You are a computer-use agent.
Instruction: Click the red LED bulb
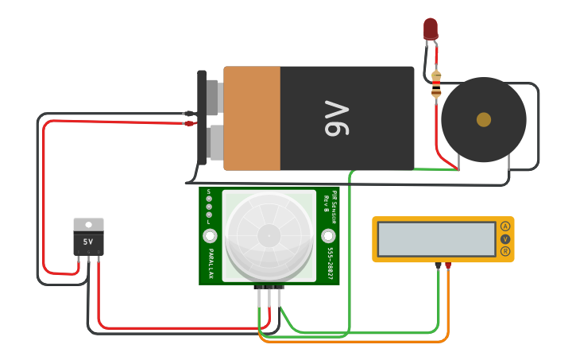pyautogui.click(x=430, y=29)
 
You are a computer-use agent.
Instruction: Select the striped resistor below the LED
pyautogui.click(x=436, y=84)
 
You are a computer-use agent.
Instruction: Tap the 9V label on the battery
pyautogui.click(x=336, y=118)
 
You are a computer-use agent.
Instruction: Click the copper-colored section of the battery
pyautogui.click(x=252, y=118)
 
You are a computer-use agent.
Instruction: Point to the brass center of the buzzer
pyautogui.click(x=483, y=119)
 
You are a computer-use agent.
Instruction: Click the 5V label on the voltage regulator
pyautogui.click(x=88, y=242)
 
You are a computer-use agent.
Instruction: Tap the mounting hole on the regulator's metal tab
pyautogui.click(x=88, y=224)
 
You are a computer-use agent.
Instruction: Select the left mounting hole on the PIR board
pyautogui.click(x=210, y=236)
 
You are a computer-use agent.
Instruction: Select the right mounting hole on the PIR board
pyautogui.click(x=328, y=236)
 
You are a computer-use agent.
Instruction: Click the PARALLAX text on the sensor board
pyautogui.click(x=211, y=263)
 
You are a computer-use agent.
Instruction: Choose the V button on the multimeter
pyautogui.click(x=504, y=238)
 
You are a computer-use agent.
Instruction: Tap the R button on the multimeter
pyautogui.click(x=504, y=251)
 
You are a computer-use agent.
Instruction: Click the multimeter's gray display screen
pyautogui.click(x=437, y=238)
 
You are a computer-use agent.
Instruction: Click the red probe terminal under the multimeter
pyautogui.click(x=448, y=265)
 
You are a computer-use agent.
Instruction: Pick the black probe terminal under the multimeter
pyautogui.click(x=438, y=265)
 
